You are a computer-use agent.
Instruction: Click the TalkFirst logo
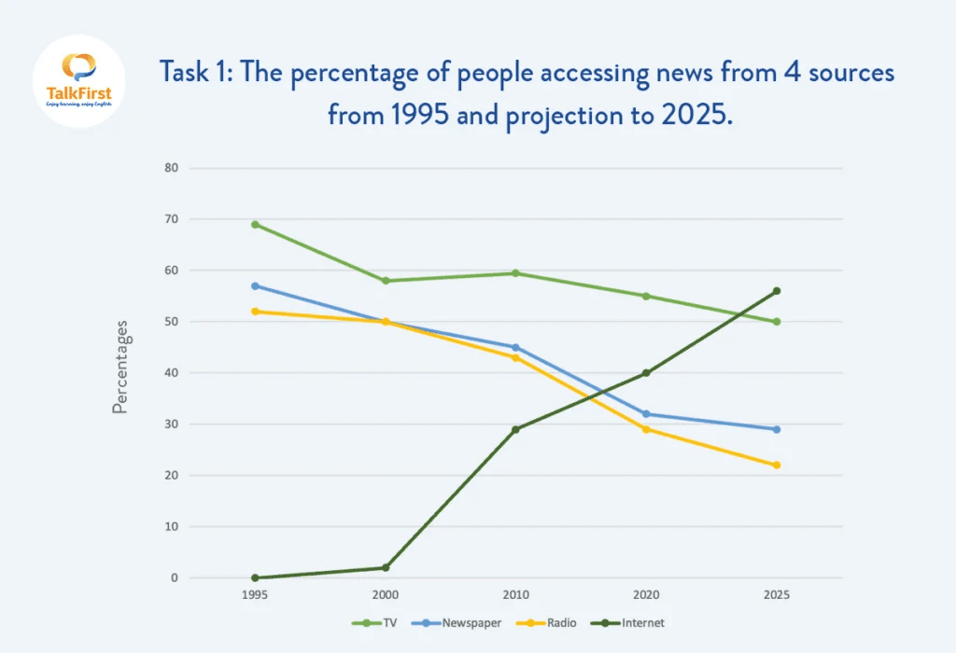coord(78,82)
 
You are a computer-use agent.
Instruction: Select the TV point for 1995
coord(255,225)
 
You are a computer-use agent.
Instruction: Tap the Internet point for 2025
coord(777,291)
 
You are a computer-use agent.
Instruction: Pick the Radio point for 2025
coord(777,465)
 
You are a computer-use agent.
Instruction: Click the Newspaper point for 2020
coord(646,414)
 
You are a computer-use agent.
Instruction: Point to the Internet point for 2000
coord(386,568)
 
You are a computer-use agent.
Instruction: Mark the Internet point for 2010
coord(515,429)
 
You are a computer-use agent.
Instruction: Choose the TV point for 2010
coord(515,273)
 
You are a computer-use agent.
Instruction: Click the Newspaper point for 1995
coord(255,285)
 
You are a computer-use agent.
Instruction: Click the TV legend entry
coord(372,622)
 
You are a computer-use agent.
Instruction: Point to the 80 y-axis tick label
coord(171,169)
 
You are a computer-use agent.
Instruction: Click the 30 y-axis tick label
coord(171,424)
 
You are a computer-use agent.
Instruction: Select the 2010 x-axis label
coord(515,594)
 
